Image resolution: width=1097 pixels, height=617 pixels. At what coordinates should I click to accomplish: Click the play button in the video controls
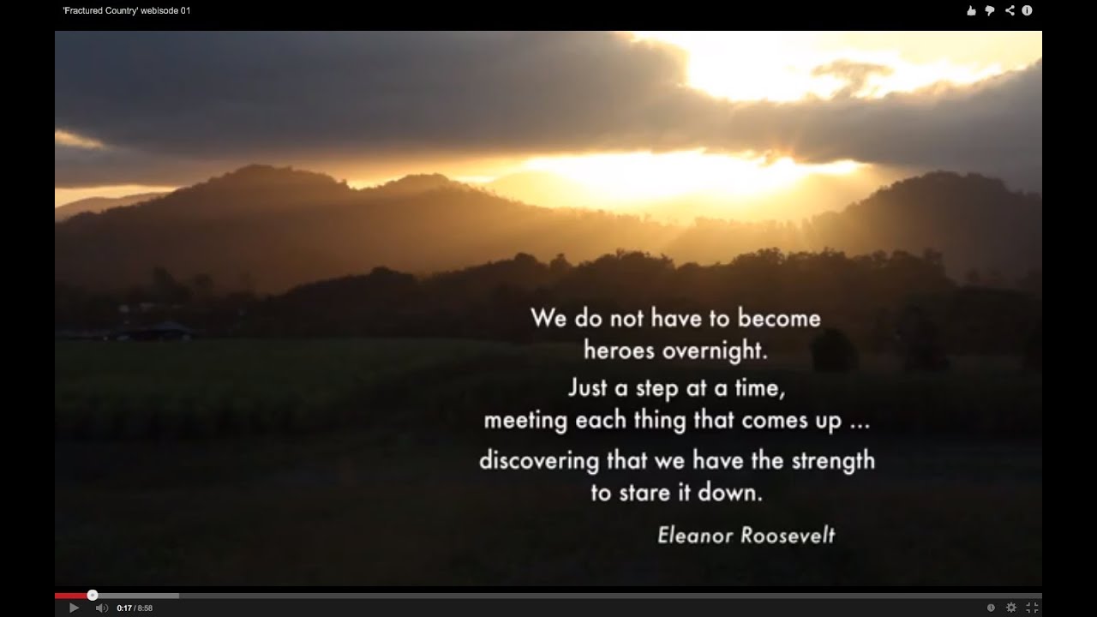click(74, 608)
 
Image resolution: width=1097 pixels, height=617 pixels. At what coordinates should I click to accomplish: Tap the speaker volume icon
click(101, 608)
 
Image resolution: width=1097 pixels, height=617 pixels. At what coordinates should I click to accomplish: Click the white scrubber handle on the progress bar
click(93, 595)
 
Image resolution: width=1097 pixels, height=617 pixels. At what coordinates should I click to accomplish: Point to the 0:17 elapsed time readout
click(124, 608)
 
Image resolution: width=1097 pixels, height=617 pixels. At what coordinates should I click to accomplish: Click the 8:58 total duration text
click(145, 608)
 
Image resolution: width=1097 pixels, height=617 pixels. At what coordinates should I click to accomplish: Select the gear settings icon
click(1011, 608)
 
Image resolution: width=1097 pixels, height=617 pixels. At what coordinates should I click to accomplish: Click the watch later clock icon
click(991, 608)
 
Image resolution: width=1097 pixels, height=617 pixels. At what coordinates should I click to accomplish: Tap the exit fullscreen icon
click(1032, 608)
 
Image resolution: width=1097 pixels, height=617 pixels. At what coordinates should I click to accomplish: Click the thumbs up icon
click(971, 10)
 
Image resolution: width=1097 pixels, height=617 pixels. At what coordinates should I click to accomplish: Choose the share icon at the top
click(1010, 10)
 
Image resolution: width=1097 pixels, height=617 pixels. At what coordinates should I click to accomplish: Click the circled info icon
click(1027, 10)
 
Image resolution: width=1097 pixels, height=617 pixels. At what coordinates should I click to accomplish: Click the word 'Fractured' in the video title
click(88, 10)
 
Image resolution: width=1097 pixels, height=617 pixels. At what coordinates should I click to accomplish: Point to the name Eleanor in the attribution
click(693, 536)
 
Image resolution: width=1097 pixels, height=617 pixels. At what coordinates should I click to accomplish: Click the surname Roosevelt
click(787, 536)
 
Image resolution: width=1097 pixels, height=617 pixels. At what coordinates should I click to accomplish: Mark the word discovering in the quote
click(538, 460)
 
